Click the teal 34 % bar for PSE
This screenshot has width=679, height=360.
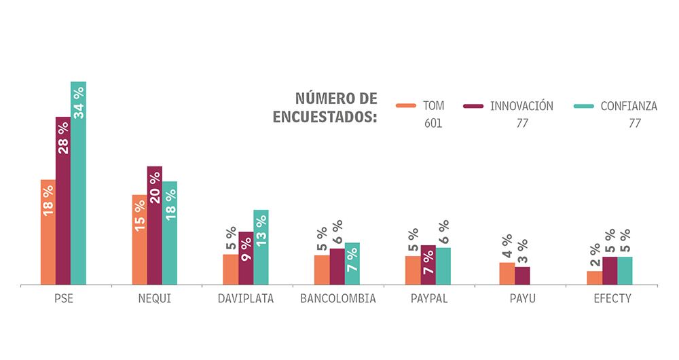[78, 183]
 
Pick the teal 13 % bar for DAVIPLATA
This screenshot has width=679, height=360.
[261, 247]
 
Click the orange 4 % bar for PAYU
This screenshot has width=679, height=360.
[507, 274]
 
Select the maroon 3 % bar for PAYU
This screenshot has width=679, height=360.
[522, 276]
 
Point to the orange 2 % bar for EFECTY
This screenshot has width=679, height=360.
[594, 278]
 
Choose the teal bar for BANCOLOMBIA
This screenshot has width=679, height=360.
[352, 264]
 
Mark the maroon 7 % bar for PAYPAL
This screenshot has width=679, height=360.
[428, 265]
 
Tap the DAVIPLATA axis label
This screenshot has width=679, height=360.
[245, 299]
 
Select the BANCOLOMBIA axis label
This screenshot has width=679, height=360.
[337, 299]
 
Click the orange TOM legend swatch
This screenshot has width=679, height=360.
[405, 106]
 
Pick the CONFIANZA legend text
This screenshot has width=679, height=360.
[629, 106]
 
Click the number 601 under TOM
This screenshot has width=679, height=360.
[433, 124]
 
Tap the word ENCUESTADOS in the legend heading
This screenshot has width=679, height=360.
[325, 117]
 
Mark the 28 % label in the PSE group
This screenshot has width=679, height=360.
[63, 138]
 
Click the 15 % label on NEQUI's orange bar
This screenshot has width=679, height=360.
[139, 215]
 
